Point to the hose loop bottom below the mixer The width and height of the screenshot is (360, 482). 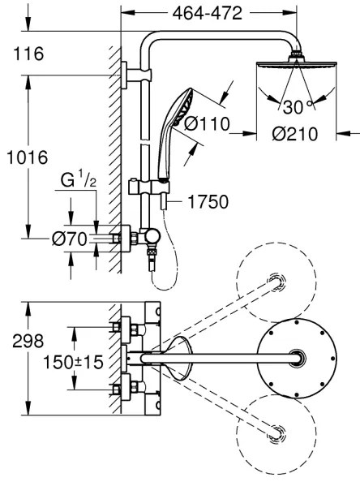156,282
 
